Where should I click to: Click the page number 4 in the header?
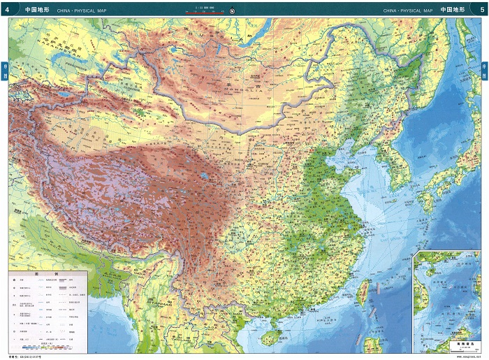pos(8,10)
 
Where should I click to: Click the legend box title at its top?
pos(48,274)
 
